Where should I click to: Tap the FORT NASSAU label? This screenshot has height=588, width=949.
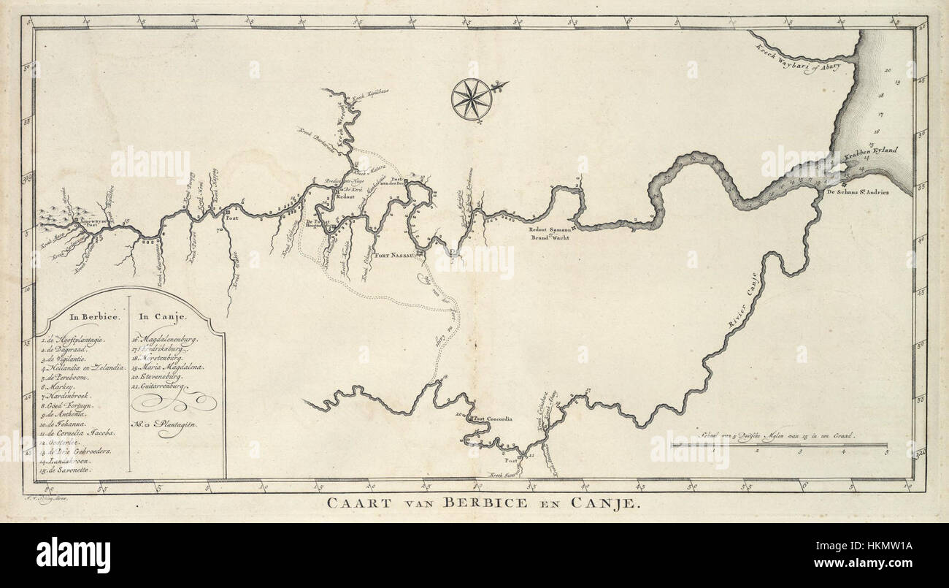(394, 256)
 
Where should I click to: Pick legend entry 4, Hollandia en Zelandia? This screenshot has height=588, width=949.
(85, 371)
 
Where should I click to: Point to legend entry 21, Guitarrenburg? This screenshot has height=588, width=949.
(163, 384)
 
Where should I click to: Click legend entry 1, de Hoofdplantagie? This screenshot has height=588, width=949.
(75, 339)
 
